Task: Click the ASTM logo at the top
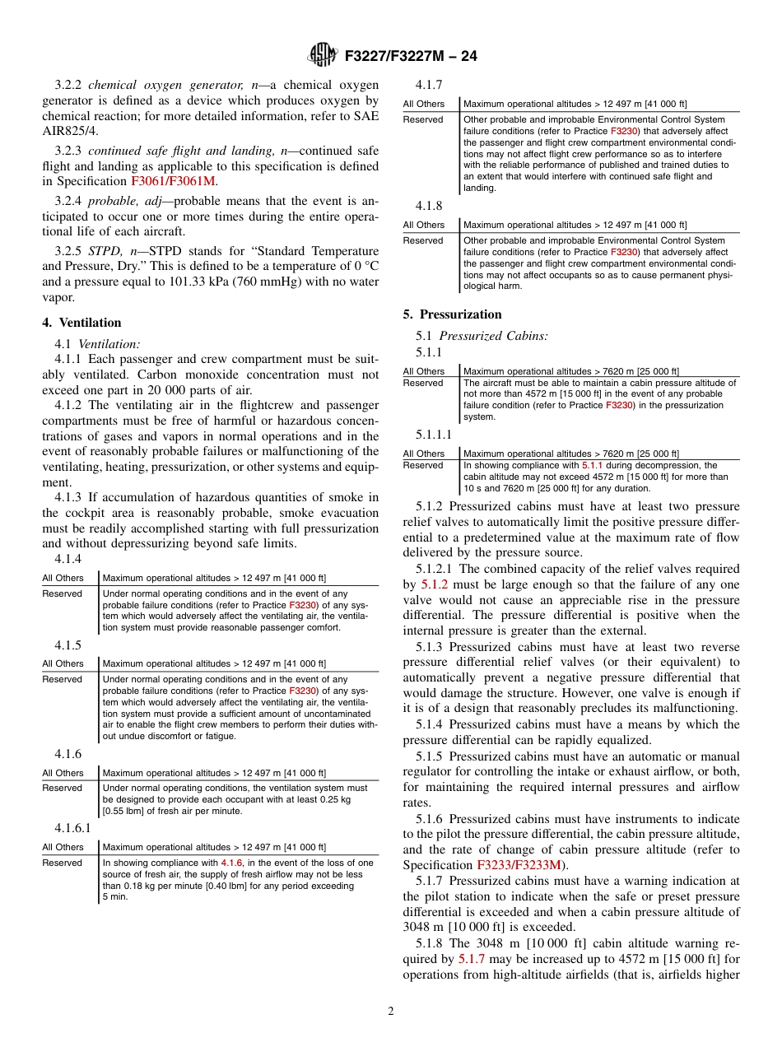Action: [322, 55]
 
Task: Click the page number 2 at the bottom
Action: [391, 1012]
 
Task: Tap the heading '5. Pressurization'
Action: [452, 314]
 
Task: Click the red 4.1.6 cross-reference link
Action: [233, 863]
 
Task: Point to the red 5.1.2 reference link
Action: [433, 584]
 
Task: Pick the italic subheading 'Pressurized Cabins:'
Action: [494, 336]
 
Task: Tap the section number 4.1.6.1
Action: [72, 827]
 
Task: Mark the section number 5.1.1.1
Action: [434, 434]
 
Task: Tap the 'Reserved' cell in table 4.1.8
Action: [422, 240]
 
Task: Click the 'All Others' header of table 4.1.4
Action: [63, 578]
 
